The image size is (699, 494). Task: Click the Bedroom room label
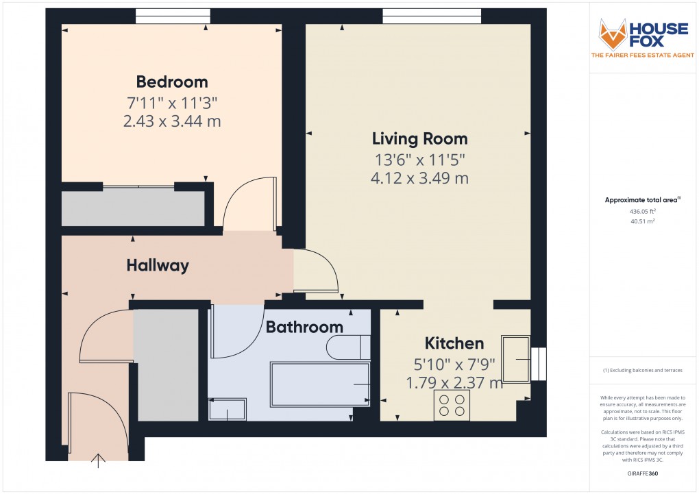172,82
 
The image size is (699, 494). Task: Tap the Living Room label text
419,139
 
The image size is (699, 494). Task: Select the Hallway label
158,266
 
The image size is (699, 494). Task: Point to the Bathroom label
304,328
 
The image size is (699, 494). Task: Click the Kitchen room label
454,343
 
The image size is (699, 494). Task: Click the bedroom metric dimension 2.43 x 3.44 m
172,121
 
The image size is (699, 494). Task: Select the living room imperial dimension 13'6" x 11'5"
419,160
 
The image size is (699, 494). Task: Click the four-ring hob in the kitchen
452,405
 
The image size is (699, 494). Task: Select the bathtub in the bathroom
321,384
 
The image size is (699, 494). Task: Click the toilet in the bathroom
348,347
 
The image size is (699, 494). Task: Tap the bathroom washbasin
227,410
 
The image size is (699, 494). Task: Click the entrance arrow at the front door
99,460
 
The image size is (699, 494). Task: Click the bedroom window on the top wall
173,16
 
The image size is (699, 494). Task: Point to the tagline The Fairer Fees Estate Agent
643,56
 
